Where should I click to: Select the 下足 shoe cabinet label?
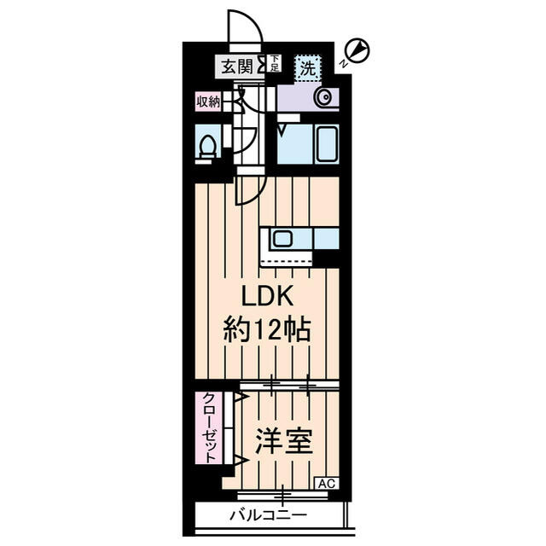pos(274,63)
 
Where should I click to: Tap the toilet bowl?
pos(206,146)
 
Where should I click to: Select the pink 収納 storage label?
pos(209,102)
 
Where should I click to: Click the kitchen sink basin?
pos(283,238)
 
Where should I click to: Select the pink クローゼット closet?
pos(207,427)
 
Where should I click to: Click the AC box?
pos(327,484)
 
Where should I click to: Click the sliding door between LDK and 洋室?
pos(288,386)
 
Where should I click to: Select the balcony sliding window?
pos(282,494)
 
